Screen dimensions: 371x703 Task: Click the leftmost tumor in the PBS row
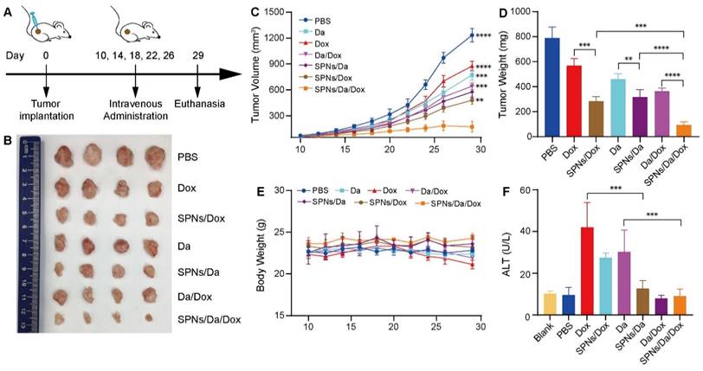tap(66, 157)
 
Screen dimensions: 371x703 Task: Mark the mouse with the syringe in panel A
tap(46, 27)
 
